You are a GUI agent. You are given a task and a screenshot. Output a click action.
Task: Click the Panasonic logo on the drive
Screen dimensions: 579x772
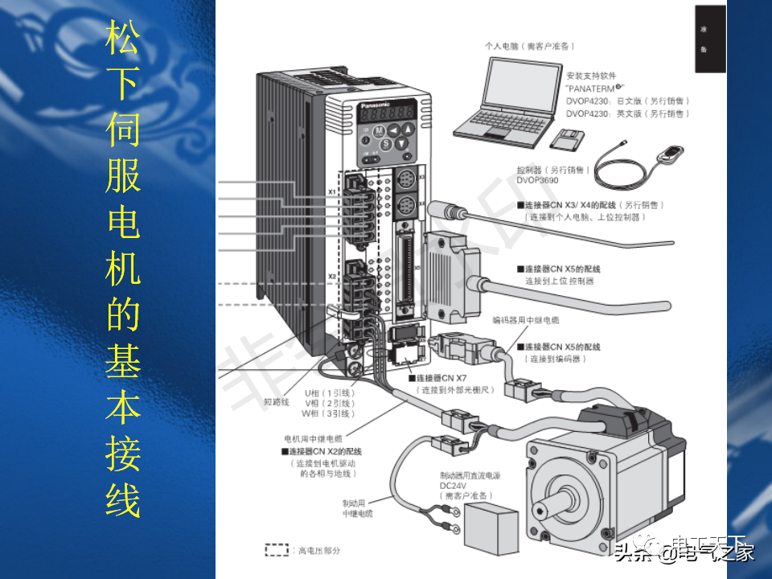point(376,105)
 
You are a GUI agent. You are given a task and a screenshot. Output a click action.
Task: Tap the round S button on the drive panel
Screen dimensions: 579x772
point(386,144)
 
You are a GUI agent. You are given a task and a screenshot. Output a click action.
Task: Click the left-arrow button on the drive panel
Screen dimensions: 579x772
point(393,129)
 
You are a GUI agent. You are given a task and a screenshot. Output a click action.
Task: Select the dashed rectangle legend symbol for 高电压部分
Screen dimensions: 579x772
point(277,550)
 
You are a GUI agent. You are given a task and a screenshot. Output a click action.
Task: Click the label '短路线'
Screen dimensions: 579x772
point(276,402)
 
